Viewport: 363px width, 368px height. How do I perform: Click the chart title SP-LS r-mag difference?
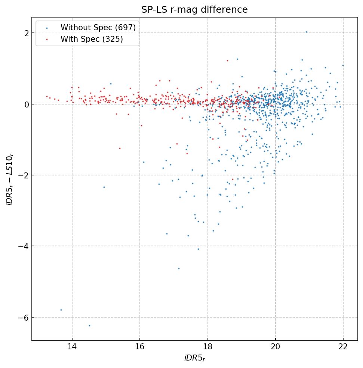tap(194, 10)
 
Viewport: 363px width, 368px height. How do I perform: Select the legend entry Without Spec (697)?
tap(98, 27)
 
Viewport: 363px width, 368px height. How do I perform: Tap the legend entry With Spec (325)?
tap(92, 39)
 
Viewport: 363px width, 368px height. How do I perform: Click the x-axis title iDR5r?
tap(194, 358)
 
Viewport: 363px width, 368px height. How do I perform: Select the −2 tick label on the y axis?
tap(25, 175)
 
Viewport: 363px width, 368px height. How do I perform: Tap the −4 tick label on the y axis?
tap(25, 246)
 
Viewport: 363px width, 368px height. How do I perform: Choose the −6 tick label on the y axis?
tap(25, 317)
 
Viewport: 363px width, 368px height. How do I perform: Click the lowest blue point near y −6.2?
tap(89, 325)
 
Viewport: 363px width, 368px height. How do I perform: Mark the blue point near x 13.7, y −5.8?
tap(61, 310)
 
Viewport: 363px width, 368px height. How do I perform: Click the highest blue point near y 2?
tap(306, 32)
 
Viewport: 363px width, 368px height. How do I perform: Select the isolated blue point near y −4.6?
tap(179, 268)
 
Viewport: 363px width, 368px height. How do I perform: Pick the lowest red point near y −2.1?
tap(232, 179)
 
